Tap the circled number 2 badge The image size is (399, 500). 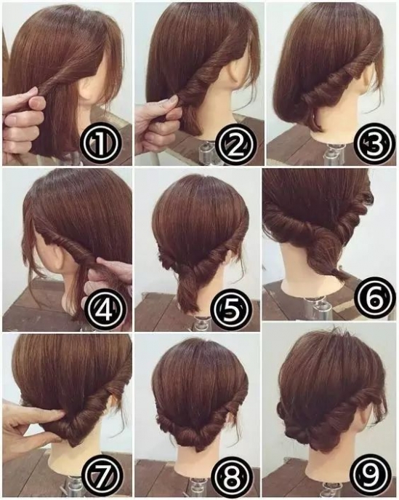tap(235, 144)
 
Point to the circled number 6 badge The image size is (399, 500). tap(374, 298)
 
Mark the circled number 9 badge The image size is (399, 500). tap(371, 475)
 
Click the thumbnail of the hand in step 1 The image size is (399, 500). tap(38, 103)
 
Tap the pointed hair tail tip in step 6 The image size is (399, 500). tap(347, 278)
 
